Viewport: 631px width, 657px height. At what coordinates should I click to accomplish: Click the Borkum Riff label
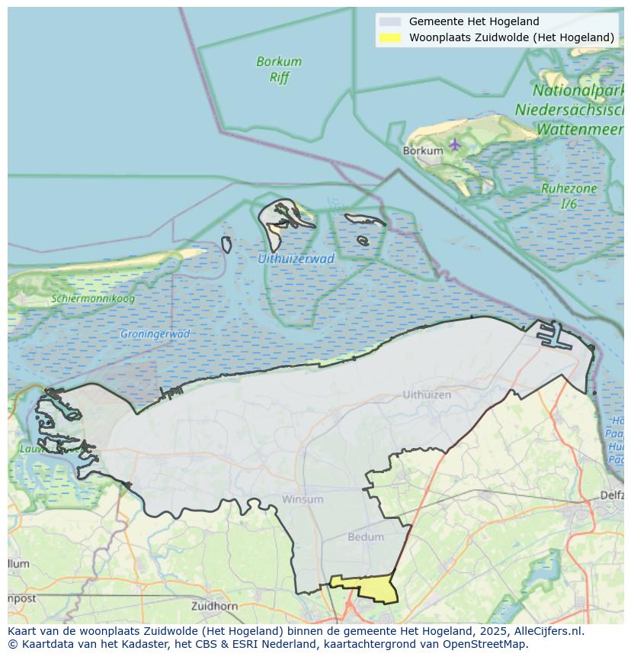279,69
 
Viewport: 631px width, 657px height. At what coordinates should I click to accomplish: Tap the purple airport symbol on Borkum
455,143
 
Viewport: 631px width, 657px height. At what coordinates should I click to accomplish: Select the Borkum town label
422,151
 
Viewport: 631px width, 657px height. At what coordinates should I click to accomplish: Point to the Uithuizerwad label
296,259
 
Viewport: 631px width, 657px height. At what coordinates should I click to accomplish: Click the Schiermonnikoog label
93,298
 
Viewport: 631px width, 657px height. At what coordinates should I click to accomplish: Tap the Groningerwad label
155,333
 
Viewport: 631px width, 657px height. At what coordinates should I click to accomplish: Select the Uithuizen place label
427,395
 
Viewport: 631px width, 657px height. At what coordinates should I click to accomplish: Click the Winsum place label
303,499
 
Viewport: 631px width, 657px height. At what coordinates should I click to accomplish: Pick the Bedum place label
366,536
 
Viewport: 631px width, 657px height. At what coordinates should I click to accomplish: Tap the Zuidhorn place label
215,606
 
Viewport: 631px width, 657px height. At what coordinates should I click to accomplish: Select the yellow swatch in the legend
389,37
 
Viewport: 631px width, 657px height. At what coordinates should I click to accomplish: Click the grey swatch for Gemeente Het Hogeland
389,21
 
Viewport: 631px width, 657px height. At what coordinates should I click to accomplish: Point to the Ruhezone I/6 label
559,195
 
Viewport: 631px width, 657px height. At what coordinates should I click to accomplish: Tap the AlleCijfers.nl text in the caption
547,631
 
